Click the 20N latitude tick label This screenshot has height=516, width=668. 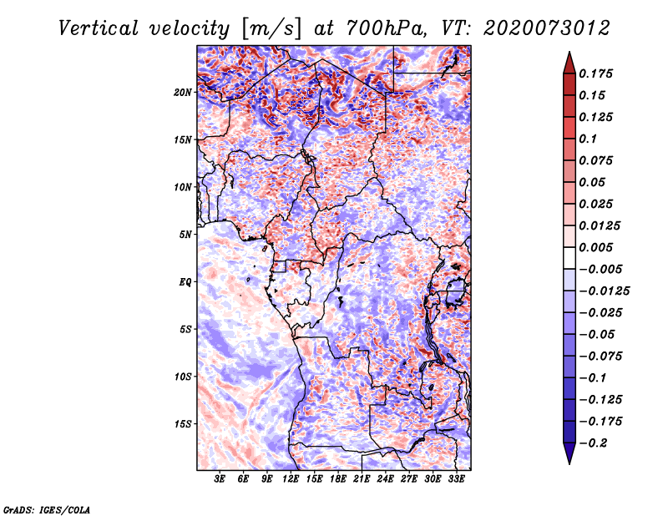click(x=183, y=92)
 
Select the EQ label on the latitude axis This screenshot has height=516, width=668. click(x=185, y=282)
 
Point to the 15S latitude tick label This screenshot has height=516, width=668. click(x=183, y=424)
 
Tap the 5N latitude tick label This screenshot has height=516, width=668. click(x=185, y=235)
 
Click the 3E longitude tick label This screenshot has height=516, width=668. click(x=220, y=480)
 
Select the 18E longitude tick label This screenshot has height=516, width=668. click(x=338, y=480)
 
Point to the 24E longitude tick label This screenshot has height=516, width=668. click(x=385, y=480)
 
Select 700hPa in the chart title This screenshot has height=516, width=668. click(x=382, y=28)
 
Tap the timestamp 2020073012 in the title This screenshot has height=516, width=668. click(x=541, y=28)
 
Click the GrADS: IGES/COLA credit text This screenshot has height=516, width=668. click(x=47, y=508)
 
